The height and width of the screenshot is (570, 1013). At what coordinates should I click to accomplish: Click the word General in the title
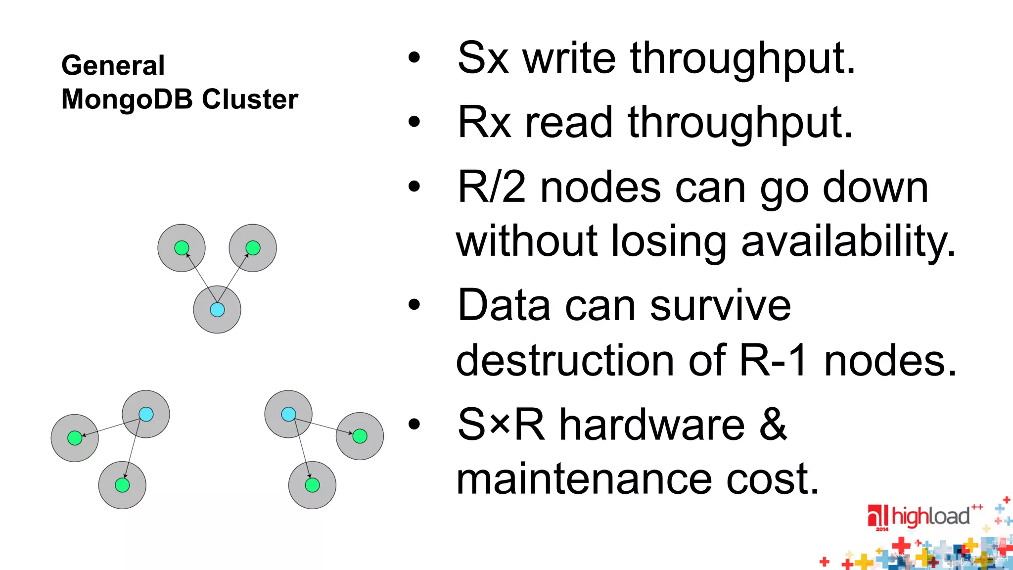113,65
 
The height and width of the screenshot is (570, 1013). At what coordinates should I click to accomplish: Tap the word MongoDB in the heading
127,99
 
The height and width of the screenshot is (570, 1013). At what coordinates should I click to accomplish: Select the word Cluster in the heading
250,99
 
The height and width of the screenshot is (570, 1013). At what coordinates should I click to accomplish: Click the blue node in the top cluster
217,310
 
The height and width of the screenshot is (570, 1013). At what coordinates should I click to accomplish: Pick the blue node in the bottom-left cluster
146,414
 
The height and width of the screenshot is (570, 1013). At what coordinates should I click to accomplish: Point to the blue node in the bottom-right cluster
288,414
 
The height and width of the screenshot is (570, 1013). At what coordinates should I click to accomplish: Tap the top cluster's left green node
182,247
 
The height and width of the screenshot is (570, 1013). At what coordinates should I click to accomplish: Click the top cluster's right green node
253,247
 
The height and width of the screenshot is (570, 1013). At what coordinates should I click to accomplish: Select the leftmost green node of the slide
75,438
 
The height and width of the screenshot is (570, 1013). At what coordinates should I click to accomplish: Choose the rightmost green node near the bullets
360,436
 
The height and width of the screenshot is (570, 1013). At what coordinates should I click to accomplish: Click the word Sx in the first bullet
483,58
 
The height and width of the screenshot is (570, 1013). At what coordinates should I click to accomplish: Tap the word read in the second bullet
569,123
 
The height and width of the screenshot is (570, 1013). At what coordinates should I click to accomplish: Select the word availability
848,241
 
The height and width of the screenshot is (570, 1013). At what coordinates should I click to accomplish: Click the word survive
720,306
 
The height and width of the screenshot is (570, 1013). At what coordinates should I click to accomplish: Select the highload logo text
930,517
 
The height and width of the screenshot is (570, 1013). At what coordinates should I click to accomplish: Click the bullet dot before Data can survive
414,305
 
